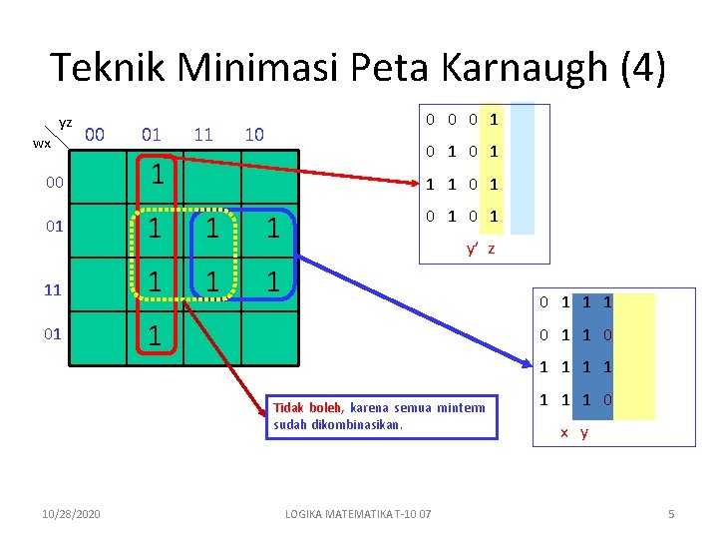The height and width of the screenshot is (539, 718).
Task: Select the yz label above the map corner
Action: tap(66, 123)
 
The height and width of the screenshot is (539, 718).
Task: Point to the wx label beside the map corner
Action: tap(42, 144)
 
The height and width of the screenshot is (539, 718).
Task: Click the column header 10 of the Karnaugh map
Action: tap(254, 135)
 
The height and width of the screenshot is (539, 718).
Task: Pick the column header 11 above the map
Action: tap(203, 135)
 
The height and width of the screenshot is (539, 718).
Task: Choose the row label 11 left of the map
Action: tap(54, 291)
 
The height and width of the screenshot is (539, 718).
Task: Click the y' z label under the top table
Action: tap(480, 249)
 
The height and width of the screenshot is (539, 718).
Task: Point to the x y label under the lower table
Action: tap(574, 433)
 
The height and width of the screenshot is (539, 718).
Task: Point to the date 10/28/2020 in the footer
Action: tap(72, 514)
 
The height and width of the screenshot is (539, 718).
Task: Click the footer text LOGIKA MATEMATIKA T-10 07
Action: tap(358, 514)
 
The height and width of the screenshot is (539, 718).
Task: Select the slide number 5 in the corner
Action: tap(671, 514)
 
